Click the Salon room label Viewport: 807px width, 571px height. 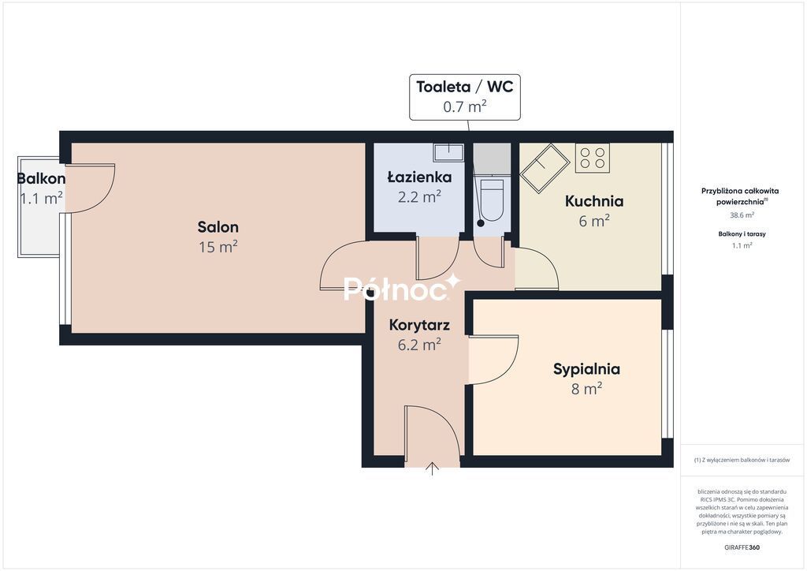point(218,226)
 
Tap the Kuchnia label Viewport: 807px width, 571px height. point(594,201)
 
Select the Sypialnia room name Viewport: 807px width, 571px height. point(586,368)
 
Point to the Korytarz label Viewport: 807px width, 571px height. point(419,325)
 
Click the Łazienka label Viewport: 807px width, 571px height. point(419,177)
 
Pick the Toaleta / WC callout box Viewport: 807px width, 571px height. point(465,97)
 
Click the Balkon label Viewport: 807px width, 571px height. point(41,179)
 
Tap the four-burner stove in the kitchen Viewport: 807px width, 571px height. point(593,158)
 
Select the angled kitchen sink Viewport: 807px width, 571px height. point(545,168)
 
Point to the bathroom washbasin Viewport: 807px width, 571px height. point(448,152)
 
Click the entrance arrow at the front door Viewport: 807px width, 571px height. point(433,468)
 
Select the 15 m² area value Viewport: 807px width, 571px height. point(218,247)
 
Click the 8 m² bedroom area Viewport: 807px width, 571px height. point(586,388)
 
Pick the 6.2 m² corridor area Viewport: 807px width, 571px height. point(419,345)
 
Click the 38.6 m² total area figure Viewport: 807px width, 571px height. point(742,215)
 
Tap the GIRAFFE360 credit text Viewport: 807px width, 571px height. point(742,547)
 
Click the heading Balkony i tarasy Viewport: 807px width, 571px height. point(742,233)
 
